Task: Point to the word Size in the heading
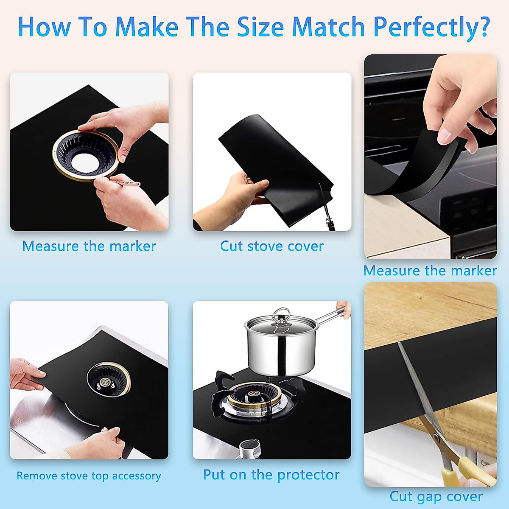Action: [260, 27]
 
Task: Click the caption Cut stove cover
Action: [271, 246]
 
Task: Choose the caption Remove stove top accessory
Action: [89, 475]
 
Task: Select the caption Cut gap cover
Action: [436, 496]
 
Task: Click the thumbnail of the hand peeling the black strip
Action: [430, 157]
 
